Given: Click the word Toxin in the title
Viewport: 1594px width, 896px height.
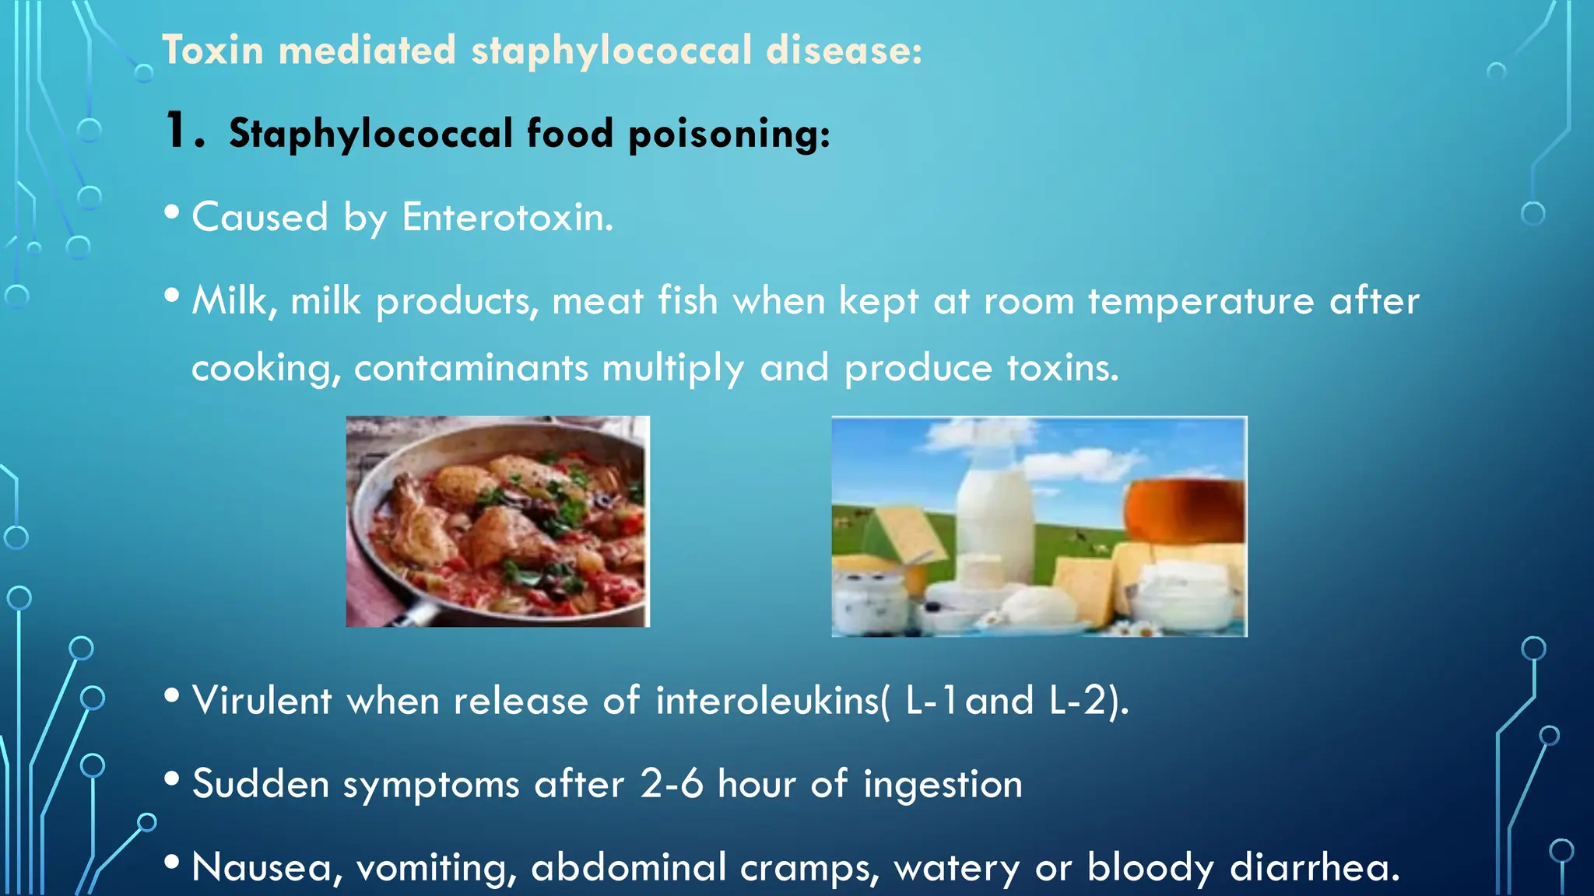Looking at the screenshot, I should point(212,51).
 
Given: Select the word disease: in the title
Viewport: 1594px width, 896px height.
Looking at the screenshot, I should point(844,51).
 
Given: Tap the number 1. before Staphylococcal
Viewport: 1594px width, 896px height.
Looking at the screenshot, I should point(184,131).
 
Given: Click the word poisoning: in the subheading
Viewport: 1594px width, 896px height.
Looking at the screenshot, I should point(729,134).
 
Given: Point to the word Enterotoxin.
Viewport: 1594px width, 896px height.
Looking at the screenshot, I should point(507,217).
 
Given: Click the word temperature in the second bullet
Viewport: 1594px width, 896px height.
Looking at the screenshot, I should point(1200,301).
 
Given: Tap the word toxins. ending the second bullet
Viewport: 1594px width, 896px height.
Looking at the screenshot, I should point(1062,368).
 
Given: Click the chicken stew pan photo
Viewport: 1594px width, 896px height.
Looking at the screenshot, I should point(497,521).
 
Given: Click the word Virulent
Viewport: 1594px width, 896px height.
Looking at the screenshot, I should point(262,701).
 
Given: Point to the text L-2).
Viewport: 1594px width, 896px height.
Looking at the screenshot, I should point(1088,701).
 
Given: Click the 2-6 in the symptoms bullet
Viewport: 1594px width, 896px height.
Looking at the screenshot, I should point(671,784).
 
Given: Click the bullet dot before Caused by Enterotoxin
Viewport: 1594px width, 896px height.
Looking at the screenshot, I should point(173,212).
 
